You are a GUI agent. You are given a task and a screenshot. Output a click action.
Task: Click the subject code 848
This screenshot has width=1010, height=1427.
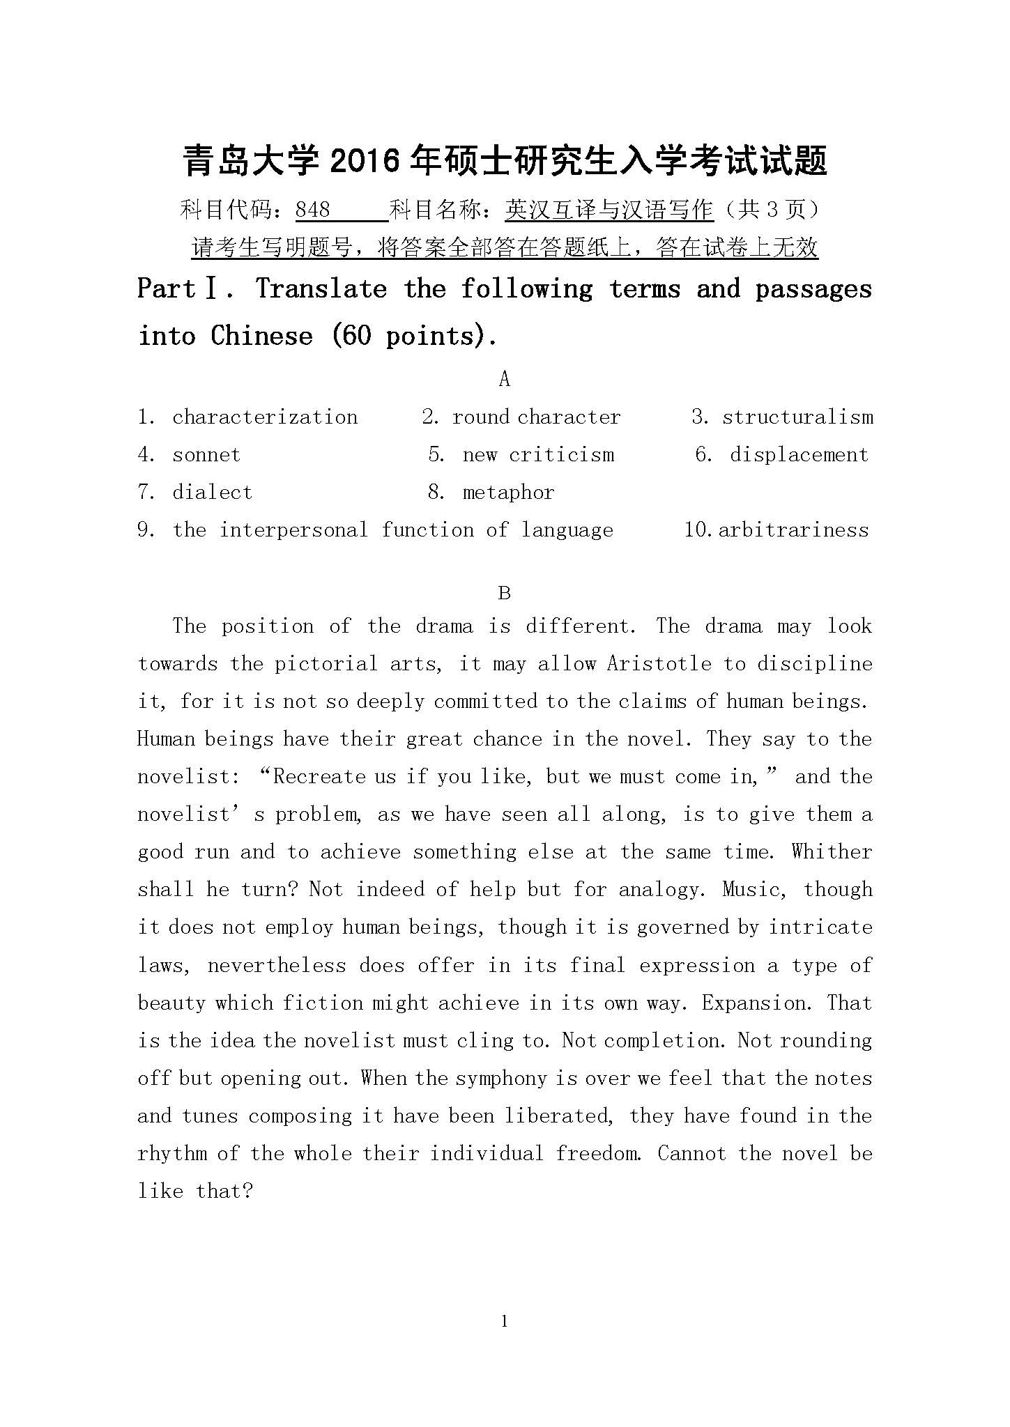313,210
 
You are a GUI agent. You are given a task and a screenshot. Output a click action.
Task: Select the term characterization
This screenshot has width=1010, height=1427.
265,417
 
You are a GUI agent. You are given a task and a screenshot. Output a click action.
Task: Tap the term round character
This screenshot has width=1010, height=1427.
536,417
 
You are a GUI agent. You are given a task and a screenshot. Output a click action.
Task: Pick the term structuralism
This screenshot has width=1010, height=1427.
797,417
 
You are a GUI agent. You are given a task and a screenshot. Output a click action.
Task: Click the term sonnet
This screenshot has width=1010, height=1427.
206,455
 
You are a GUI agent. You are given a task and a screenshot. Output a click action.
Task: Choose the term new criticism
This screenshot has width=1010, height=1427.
538,455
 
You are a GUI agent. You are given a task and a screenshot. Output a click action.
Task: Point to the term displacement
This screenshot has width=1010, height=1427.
799,455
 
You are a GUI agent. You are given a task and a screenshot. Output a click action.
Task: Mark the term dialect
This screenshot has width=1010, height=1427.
213,493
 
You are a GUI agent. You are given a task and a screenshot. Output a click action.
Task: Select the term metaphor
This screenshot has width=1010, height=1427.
508,493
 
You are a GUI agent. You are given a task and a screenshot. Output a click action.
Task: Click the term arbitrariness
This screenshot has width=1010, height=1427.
793,530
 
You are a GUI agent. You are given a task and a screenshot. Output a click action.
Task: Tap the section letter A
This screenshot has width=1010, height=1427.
505,379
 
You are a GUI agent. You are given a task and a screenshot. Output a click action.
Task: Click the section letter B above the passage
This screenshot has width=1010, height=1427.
505,594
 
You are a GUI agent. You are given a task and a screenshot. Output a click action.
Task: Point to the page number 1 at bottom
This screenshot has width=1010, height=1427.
505,1321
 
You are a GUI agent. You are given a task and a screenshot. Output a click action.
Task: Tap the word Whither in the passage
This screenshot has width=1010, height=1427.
832,852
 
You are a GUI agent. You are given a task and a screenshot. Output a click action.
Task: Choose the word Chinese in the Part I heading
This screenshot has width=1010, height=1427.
262,337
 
